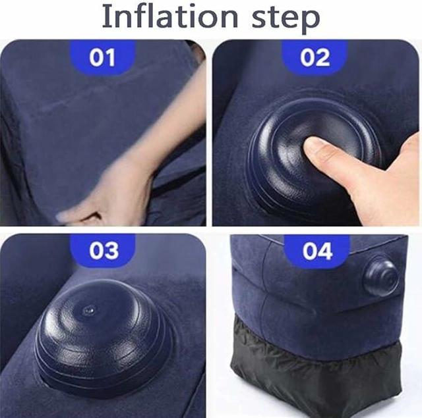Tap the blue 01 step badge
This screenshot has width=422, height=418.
coord(102,58)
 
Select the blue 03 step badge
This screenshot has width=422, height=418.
coord(103,251)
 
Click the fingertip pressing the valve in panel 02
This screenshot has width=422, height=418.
coord(315,149)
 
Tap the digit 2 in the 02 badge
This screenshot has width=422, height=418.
coord(324,58)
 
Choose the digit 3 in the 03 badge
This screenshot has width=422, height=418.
coord(112,251)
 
